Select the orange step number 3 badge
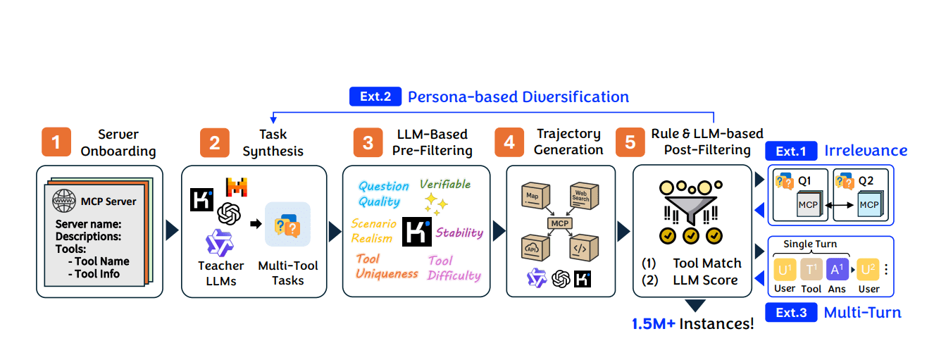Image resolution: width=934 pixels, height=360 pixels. [x=368, y=142]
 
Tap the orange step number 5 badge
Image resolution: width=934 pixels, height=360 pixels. [x=630, y=142]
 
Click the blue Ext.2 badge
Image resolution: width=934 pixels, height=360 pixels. [x=375, y=97]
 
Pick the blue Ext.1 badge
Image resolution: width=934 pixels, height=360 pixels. [x=791, y=151]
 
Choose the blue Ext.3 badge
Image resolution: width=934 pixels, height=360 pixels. [x=791, y=312]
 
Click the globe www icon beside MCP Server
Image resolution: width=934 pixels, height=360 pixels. [x=65, y=201]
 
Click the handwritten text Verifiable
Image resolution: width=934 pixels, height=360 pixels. [x=444, y=185]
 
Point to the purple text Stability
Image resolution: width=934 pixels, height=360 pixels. [x=459, y=232]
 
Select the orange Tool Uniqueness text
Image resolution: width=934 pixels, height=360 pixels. [x=386, y=266]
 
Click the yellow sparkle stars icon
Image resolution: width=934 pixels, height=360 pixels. [x=436, y=205]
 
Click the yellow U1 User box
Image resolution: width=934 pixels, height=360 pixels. [x=785, y=270]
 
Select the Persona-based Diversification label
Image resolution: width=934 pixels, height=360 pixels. [x=518, y=97]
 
